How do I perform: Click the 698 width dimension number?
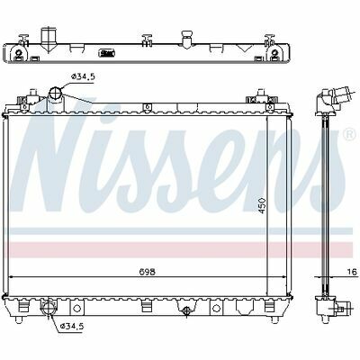pyautogui.click(x=148, y=272)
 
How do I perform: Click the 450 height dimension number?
pyautogui.click(x=262, y=205)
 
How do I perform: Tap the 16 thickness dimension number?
pyautogui.click(x=353, y=272)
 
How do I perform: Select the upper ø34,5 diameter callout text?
pyautogui.click(x=83, y=76)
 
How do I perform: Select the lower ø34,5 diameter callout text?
pyautogui.click(x=72, y=326)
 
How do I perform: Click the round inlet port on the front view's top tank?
pyautogui.click(x=56, y=93)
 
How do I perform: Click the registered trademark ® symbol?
pyautogui.click(x=350, y=135)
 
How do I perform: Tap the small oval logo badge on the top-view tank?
pyautogui.click(x=107, y=54)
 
